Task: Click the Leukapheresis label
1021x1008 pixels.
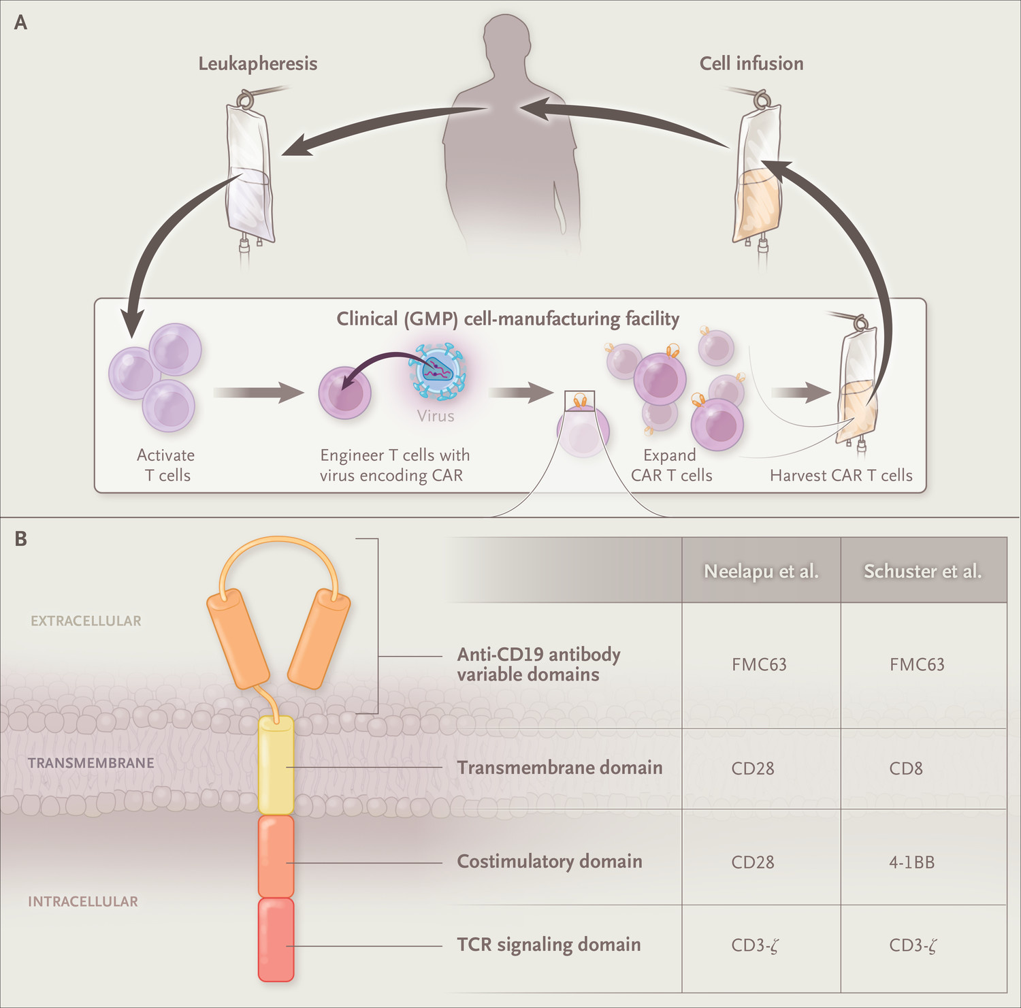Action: coord(257,63)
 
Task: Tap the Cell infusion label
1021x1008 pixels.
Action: coord(751,63)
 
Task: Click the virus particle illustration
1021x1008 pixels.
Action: coord(437,372)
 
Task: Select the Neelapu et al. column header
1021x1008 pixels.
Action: coord(761,570)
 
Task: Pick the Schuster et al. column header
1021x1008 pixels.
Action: coord(922,570)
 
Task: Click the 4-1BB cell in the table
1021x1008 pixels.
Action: coord(911,862)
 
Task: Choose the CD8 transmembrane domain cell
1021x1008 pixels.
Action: coord(906,768)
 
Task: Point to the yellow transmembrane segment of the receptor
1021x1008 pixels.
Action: coord(276,765)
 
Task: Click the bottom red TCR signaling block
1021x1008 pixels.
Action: coord(276,940)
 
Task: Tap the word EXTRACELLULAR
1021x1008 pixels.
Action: coord(86,621)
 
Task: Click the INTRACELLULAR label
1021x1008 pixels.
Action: coord(82,901)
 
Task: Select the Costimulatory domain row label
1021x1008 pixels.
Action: coord(549,861)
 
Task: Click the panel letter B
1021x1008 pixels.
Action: coord(21,539)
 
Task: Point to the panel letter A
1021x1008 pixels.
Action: coord(21,22)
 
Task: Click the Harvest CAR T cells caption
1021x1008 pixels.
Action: coord(841,475)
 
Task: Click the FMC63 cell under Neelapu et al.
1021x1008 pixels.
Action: coord(759,664)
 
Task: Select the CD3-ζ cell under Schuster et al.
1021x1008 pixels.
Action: coord(913,945)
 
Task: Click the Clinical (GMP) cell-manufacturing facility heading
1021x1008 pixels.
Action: coord(508,319)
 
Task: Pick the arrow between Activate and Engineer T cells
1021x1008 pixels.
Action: coord(258,392)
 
